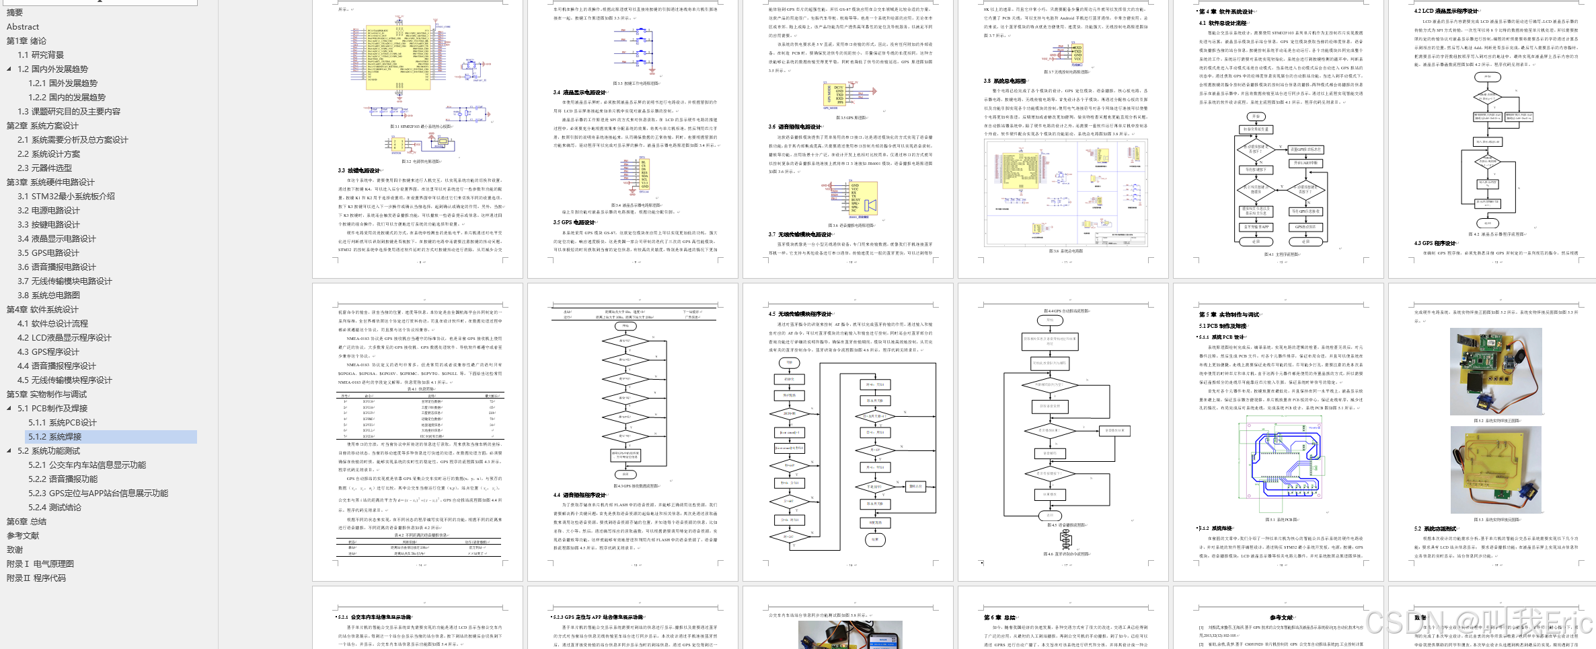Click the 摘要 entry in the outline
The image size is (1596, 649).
[x=15, y=13]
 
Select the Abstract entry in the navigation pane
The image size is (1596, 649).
[x=23, y=27]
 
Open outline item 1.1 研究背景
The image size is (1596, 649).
[x=41, y=55]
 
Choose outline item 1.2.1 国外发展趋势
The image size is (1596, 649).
[x=63, y=83]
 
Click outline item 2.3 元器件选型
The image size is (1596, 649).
[x=45, y=168]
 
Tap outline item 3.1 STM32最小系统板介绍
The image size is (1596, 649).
[x=67, y=197]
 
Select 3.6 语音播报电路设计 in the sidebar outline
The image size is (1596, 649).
[x=57, y=267]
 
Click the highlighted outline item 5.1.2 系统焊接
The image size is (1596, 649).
[x=55, y=437]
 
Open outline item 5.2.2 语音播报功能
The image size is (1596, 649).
[x=63, y=479]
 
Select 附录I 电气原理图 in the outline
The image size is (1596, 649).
[x=40, y=564]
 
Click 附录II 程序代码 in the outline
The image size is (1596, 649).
[x=36, y=578]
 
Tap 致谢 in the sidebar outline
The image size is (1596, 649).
[x=15, y=550]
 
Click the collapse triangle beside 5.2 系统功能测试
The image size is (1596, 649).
[x=9, y=451]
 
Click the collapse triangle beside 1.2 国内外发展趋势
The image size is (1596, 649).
[x=9, y=69]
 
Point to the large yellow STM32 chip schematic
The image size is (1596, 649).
[x=397, y=58]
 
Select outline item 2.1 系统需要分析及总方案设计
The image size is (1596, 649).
[x=73, y=140]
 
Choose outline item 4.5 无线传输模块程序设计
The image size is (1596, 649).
[x=65, y=380]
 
